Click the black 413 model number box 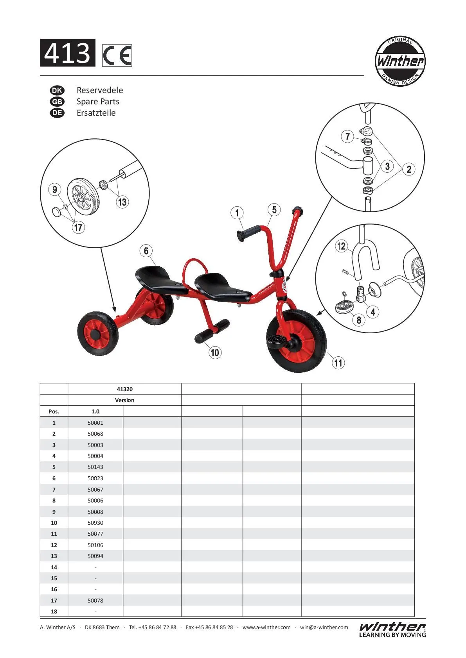click(67, 53)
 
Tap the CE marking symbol click(117, 55)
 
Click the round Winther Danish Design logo click(399, 61)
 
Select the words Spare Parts click(98, 102)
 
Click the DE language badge click(57, 113)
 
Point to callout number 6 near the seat click(146, 251)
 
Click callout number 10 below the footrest click(215, 352)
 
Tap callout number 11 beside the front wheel click(338, 363)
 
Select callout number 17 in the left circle click(78, 227)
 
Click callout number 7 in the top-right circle click(347, 137)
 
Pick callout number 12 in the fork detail click(341, 246)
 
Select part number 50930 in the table click(95, 523)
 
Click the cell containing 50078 click(95, 601)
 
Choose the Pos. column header click(54, 411)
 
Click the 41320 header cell click(124, 389)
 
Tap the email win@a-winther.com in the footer click(324, 628)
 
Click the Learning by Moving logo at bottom click(392, 629)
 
